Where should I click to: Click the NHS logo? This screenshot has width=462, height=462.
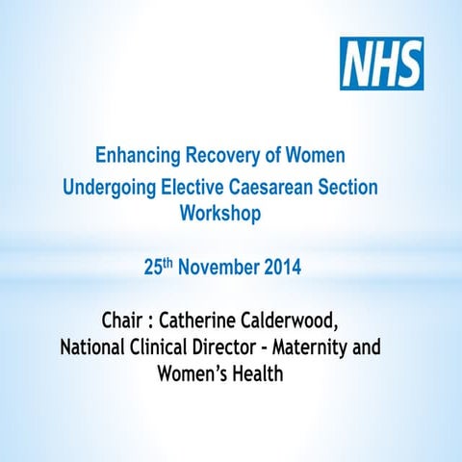(381, 64)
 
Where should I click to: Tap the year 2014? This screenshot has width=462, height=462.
(281, 268)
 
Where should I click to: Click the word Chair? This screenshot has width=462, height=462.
(124, 319)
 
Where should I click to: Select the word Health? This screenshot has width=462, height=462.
(257, 372)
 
